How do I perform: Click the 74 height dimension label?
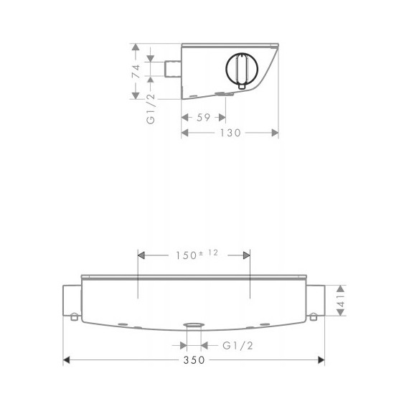(x=134, y=72)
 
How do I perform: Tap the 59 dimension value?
(x=202, y=118)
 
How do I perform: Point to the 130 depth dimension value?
(x=231, y=133)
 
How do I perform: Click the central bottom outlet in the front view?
(x=192, y=326)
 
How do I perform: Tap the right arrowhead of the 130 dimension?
(x=276, y=133)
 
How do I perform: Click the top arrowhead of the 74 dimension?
(x=134, y=45)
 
